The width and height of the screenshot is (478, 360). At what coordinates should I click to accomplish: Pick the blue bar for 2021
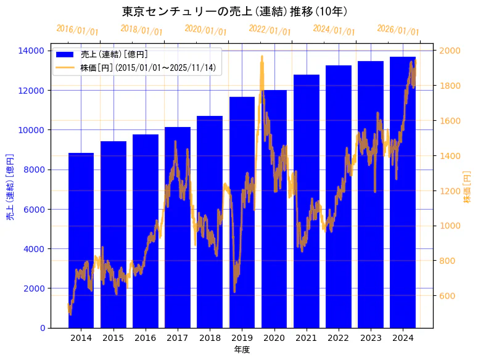tap(307, 203)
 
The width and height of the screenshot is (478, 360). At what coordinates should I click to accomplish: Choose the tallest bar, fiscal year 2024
tap(403, 197)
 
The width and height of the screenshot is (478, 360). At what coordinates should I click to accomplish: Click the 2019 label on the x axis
tap(242, 338)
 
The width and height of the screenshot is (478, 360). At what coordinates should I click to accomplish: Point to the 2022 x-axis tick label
tap(339, 338)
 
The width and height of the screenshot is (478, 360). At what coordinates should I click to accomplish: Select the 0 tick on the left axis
tap(42, 328)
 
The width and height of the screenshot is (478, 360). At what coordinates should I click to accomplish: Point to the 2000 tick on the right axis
tap(448, 51)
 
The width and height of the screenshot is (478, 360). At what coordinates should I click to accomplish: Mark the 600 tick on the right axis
tap(446, 296)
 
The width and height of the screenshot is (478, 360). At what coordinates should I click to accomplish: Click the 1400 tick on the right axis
tap(448, 156)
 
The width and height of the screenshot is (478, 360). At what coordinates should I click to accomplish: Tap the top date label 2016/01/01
tap(77, 30)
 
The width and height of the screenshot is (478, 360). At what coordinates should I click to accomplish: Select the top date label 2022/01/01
tap(270, 30)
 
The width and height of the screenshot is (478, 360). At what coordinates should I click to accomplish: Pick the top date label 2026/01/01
tap(398, 30)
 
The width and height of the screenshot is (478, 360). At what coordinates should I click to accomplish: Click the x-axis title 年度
tap(242, 350)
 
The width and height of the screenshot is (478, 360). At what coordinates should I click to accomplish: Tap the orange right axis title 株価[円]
tap(467, 187)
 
